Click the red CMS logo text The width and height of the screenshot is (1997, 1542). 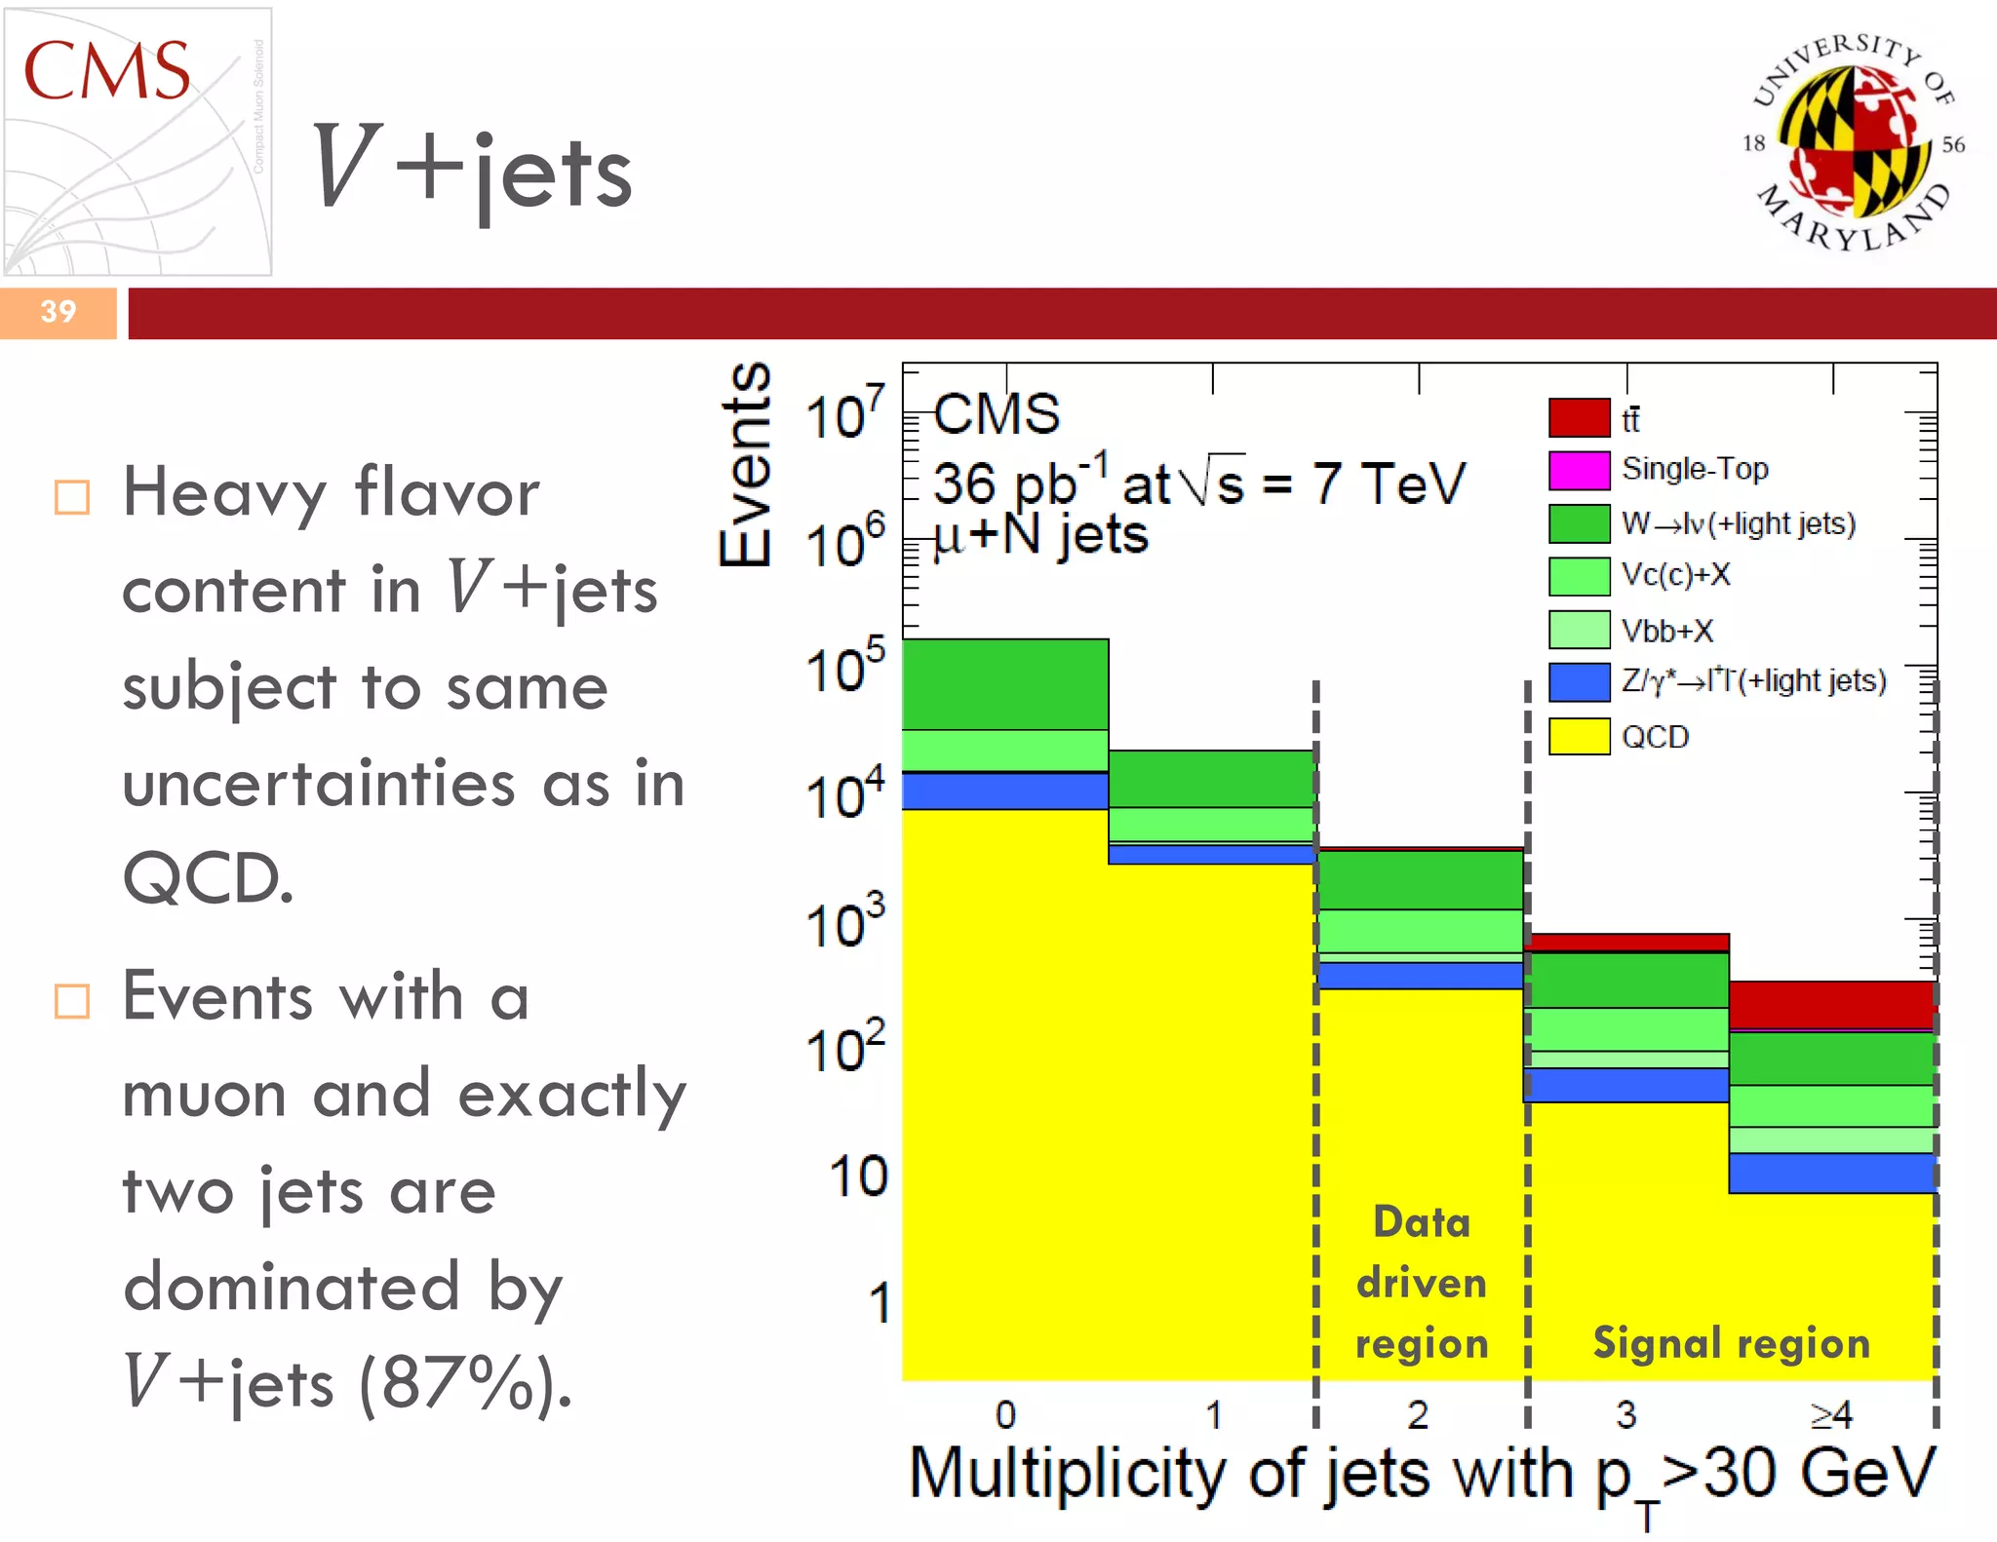point(106,71)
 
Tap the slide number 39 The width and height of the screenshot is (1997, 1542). point(58,312)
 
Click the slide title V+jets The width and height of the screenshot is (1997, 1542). point(472,172)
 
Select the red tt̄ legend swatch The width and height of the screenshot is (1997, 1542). point(1579,418)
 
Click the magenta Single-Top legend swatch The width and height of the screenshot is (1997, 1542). point(1579,471)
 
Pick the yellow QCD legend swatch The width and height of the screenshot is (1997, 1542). point(1579,736)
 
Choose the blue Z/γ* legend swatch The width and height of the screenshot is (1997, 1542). point(1579,681)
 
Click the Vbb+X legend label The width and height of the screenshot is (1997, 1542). point(1666,631)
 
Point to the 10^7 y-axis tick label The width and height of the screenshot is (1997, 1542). point(844,414)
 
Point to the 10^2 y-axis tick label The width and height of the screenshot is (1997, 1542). point(844,1049)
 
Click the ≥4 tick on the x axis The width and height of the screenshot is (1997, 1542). point(1830,1414)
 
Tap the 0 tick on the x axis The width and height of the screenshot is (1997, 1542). point(1005,1414)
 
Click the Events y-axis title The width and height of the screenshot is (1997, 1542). point(746,465)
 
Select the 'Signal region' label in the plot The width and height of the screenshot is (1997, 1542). point(1731,1343)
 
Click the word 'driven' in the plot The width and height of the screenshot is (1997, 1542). point(1422,1283)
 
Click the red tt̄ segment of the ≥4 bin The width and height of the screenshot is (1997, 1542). point(1831,1004)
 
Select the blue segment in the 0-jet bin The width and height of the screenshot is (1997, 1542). point(1004,791)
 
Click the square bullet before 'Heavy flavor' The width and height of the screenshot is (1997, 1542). point(72,497)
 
